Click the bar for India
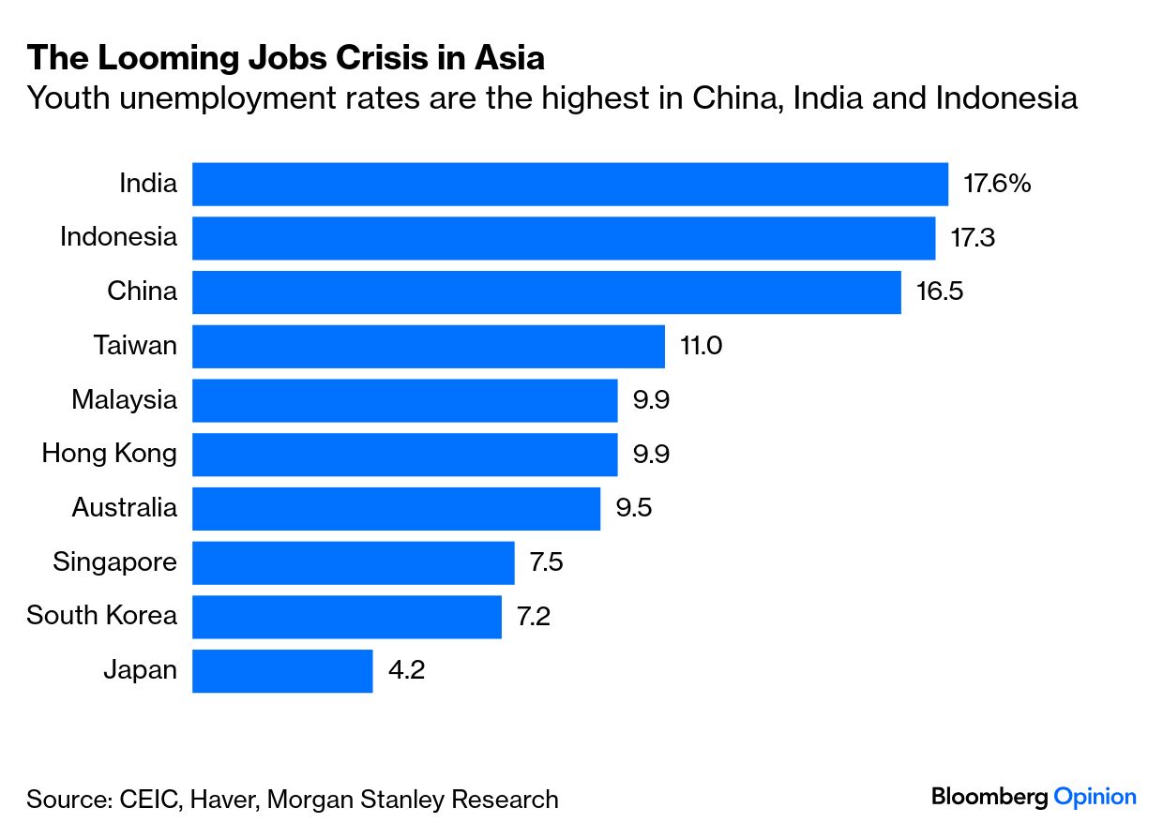click(x=569, y=184)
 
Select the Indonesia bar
click(x=563, y=238)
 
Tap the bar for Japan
click(x=282, y=670)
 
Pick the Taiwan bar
click(x=428, y=346)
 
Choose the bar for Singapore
click(x=353, y=562)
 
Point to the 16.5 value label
click(x=940, y=292)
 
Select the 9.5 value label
click(x=633, y=508)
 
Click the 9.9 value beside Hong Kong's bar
click(x=652, y=454)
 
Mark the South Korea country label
click(x=101, y=616)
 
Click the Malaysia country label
click(x=124, y=400)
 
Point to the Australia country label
click(x=124, y=508)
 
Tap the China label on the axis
click(x=142, y=292)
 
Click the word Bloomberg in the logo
click(x=989, y=798)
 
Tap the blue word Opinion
click(x=1095, y=798)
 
